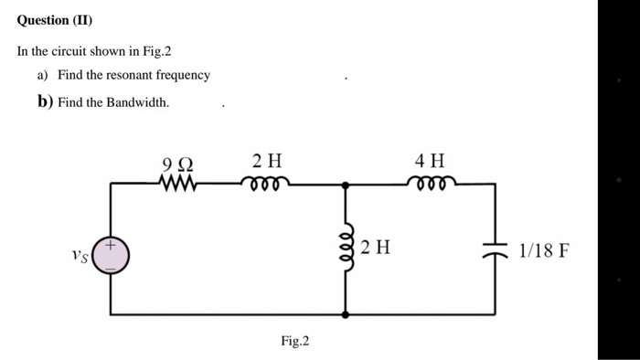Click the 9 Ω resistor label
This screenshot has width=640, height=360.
coord(177,164)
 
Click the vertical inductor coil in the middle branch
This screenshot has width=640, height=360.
coord(346,246)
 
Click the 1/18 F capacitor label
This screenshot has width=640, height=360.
coord(543,249)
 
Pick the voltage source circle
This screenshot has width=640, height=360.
coord(112,256)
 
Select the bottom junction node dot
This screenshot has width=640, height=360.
coord(346,313)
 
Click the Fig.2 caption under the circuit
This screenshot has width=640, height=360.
coord(294,341)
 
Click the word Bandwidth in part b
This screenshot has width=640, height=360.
coord(141,102)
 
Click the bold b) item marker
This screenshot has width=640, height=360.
coord(45,101)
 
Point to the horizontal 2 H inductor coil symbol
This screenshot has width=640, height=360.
coord(268,183)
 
